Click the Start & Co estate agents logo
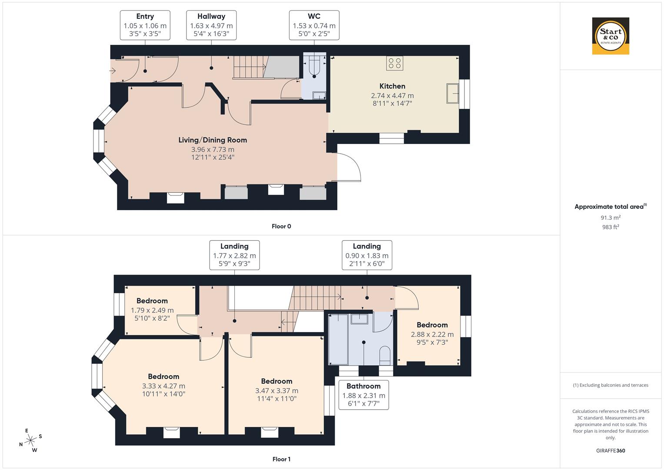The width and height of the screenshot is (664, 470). point(611,36)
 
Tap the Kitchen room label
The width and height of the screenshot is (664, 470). point(392,86)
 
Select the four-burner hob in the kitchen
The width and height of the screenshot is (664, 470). point(394,63)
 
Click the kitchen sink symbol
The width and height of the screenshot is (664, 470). point(452,93)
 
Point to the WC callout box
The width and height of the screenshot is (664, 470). point(314,25)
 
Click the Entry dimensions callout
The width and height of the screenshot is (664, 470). point(145,25)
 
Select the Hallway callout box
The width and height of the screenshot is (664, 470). point(211,25)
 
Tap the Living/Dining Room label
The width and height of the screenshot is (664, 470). point(213,140)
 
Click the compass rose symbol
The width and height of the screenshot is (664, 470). point(30,440)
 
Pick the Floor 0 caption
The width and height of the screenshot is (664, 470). point(281,226)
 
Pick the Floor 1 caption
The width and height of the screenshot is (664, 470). point(281,459)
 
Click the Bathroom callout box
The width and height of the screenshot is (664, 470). point(364,395)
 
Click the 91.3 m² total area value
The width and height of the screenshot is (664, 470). point(611,218)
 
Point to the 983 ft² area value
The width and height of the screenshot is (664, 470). point(611,227)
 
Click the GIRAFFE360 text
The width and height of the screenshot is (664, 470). point(611,451)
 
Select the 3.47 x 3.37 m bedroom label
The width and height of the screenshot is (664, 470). point(277,390)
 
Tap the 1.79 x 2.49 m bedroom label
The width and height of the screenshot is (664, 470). point(152,310)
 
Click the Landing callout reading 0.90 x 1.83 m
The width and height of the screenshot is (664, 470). point(367,255)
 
